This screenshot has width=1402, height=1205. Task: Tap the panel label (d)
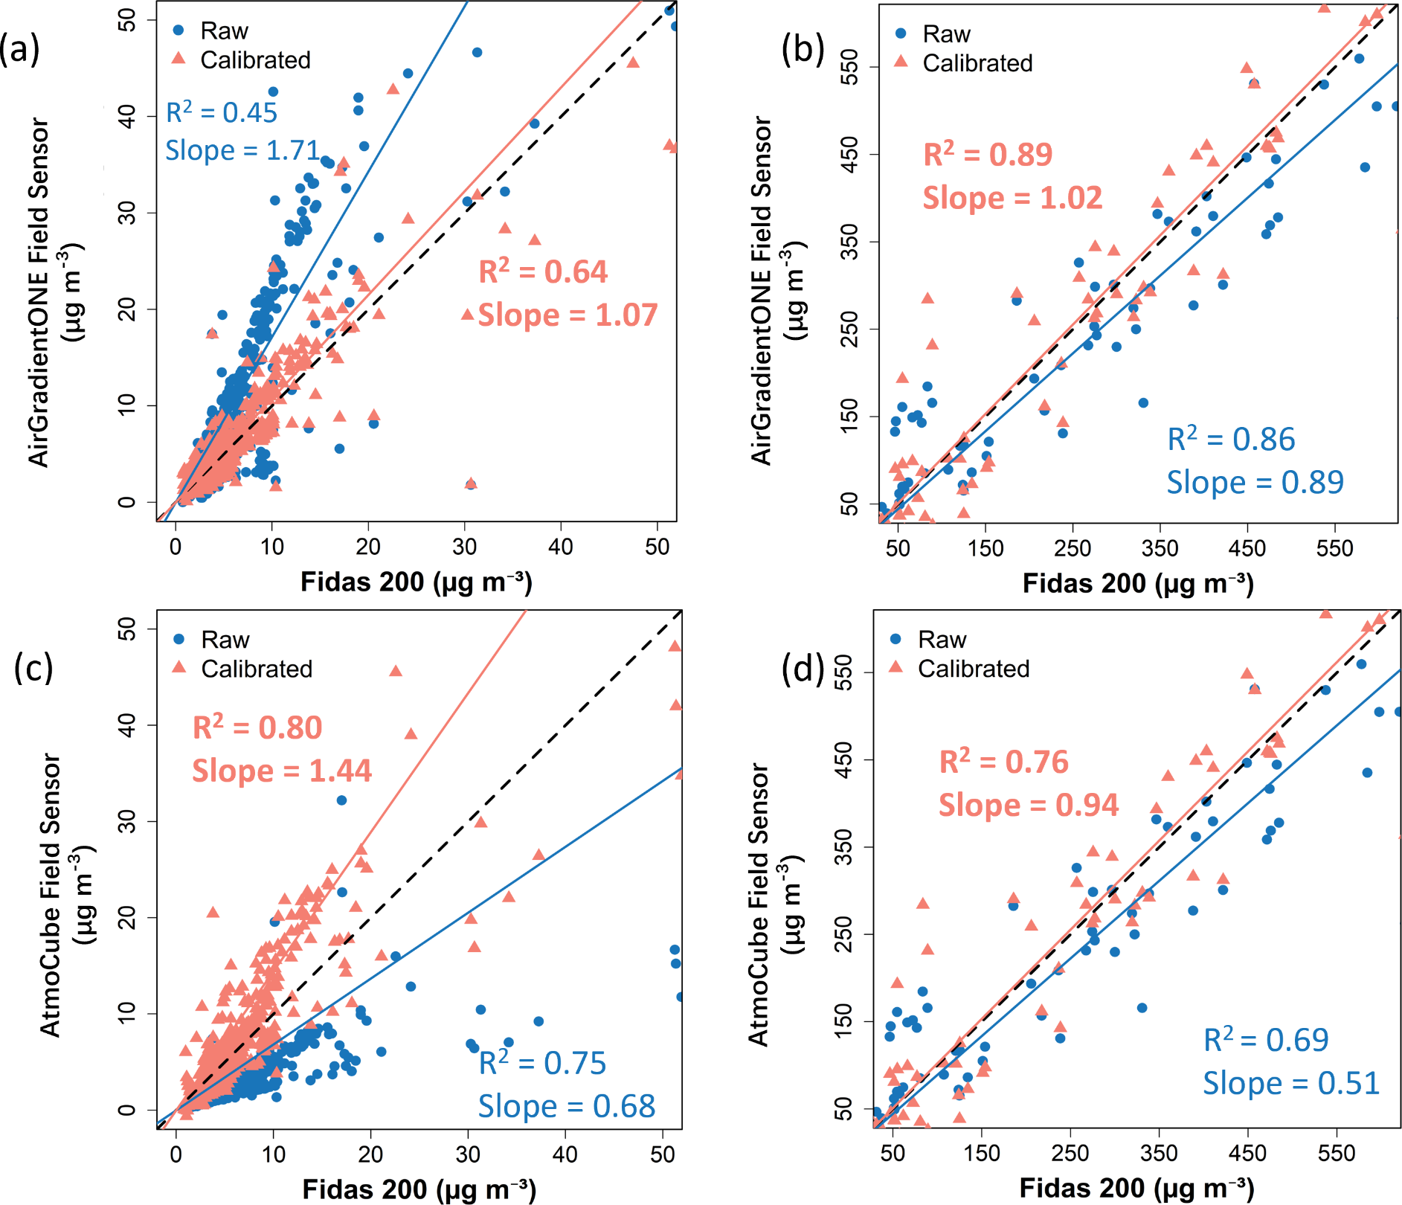click(x=803, y=669)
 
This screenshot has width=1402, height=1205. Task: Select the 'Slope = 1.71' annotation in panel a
click(x=242, y=151)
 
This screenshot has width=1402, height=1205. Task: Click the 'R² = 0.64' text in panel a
click(x=543, y=271)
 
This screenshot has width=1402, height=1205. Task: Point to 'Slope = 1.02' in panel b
click(x=1012, y=199)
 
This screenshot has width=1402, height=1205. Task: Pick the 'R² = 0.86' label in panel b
click(x=1231, y=439)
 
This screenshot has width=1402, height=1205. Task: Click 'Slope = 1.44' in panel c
click(x=282, y=771)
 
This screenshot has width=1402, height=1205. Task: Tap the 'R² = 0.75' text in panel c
click(x=542, y=1063)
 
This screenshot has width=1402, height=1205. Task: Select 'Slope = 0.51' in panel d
click(x=1291, y=1083)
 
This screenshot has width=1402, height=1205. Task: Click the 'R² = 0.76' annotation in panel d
click(x=1003, y=762)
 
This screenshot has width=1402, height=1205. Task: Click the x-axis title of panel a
click(x=416, y=582)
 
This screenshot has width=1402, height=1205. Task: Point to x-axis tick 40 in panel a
click(x=561, y=547)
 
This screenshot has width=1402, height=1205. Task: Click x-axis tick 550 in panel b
click(x=1334, y=549)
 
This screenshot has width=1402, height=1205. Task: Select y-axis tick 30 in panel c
click(x=128, y=821)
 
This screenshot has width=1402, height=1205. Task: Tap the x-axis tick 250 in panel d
click(x=1070, y=1154)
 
